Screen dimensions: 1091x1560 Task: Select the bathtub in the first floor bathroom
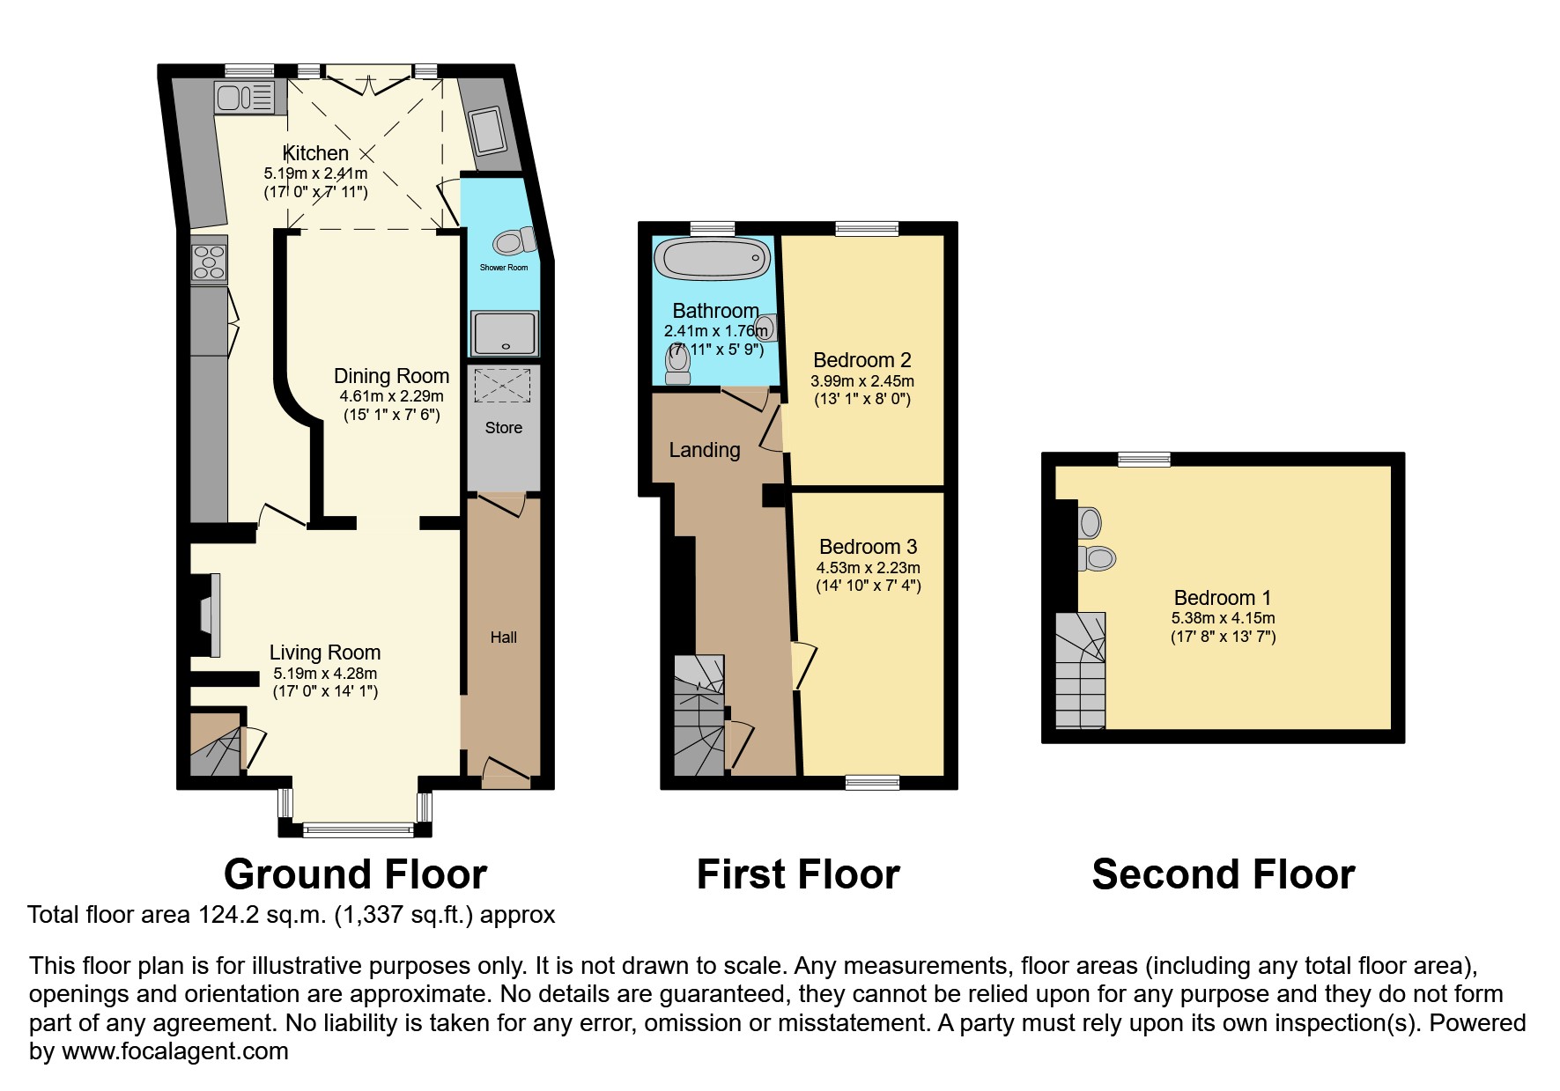click(x=713, y=259)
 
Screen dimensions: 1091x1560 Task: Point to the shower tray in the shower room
click(x=504, y=334)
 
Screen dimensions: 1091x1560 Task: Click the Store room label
click(x=504, y=428)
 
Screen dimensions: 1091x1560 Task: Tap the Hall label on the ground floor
click(x=504, y=638)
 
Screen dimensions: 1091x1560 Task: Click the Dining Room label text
click(x=391, y=377)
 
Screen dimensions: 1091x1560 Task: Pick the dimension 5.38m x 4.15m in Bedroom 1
click(x=1223, y=618)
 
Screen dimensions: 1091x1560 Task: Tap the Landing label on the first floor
click(x=704, y=451)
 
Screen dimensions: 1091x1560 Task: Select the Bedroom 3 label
click(x=868, y=547)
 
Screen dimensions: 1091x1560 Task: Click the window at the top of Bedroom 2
click(x=867, y=229)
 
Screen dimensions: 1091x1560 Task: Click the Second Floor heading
click(x=1223, y=875)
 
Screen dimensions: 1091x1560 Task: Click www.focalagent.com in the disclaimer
click(x=174, y=1051)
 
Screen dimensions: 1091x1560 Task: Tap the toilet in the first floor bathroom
click(x=678, y=365)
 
